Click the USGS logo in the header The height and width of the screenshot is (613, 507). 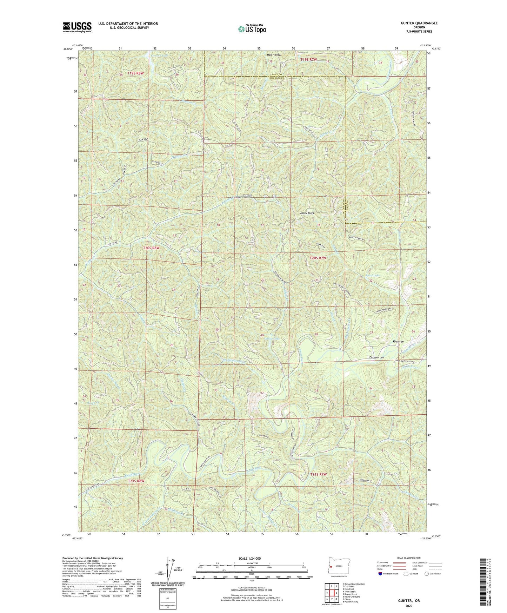77,27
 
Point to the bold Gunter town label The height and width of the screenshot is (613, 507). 398,341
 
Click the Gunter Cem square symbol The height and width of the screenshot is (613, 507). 371,357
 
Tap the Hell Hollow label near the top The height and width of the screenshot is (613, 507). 274,55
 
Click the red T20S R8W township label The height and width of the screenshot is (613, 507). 151,248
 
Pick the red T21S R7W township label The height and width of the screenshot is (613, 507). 318,474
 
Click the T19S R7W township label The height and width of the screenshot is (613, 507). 308,60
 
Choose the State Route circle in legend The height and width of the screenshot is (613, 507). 426,574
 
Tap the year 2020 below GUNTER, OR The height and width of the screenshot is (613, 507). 409,606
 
